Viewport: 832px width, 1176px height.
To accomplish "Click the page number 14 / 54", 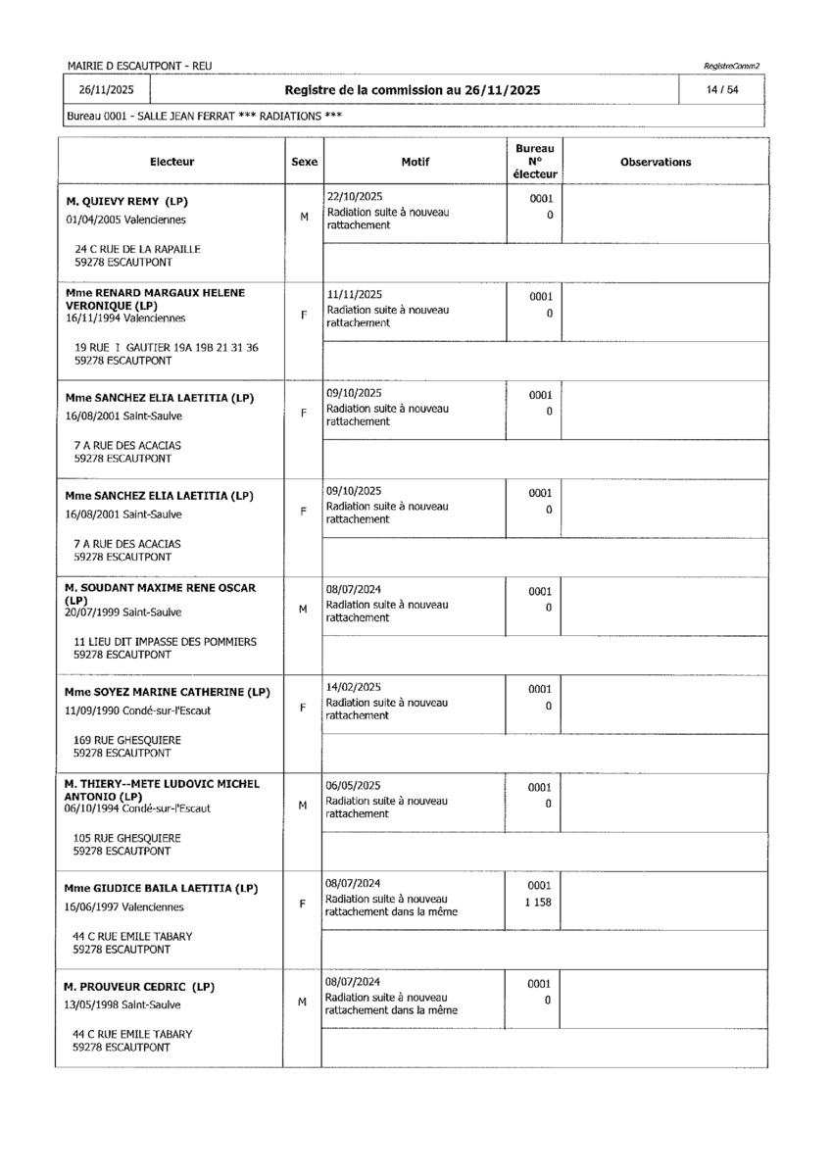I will (x=726, y=90).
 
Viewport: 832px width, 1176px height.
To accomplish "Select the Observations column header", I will (x=656, y=162).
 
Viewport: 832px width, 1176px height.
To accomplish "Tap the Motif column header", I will (x=416, y=162).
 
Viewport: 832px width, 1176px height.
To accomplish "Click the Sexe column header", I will (x=305, y=162).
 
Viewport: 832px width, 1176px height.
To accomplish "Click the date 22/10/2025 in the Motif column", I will (x=355, y=196).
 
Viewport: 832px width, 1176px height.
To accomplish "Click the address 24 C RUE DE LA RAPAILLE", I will (x=137, y=249).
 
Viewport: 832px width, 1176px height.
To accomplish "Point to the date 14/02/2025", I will (x=354, y=688).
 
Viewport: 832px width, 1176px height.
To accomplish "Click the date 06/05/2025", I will (x=354, y=786).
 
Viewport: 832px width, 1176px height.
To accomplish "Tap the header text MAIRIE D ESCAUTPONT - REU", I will (x=140, y=66).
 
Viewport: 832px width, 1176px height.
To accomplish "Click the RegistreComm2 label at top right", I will (x=731, y=66).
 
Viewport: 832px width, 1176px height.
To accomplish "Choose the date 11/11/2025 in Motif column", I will (x=354, y=294).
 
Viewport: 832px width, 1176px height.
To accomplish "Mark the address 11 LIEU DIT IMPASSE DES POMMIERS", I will (x=166, y=641).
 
